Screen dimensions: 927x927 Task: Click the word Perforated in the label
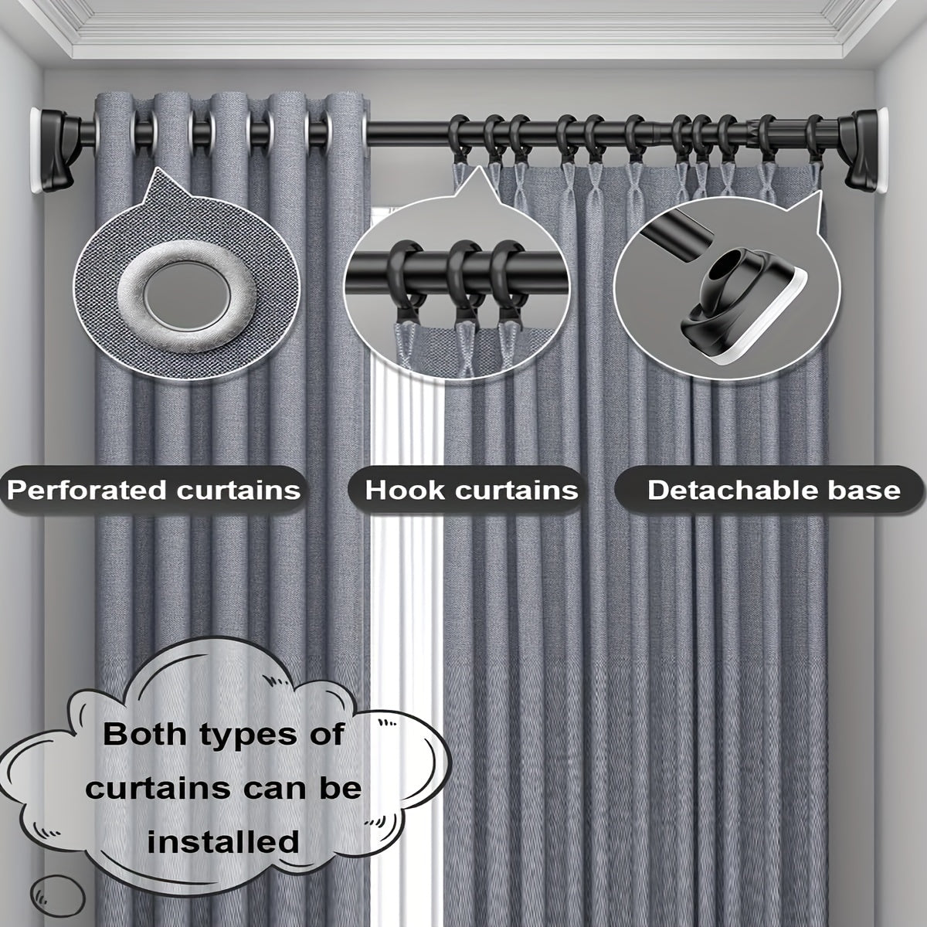pos(88,491)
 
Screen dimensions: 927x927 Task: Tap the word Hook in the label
pos(405,491)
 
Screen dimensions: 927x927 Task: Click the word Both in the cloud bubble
pos(144,735)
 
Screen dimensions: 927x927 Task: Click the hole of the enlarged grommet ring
pos(187,293)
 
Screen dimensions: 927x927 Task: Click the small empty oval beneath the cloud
pos(58,896)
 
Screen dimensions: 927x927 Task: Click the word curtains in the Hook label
pos(517,491)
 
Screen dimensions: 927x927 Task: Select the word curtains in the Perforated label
pos(239,491)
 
